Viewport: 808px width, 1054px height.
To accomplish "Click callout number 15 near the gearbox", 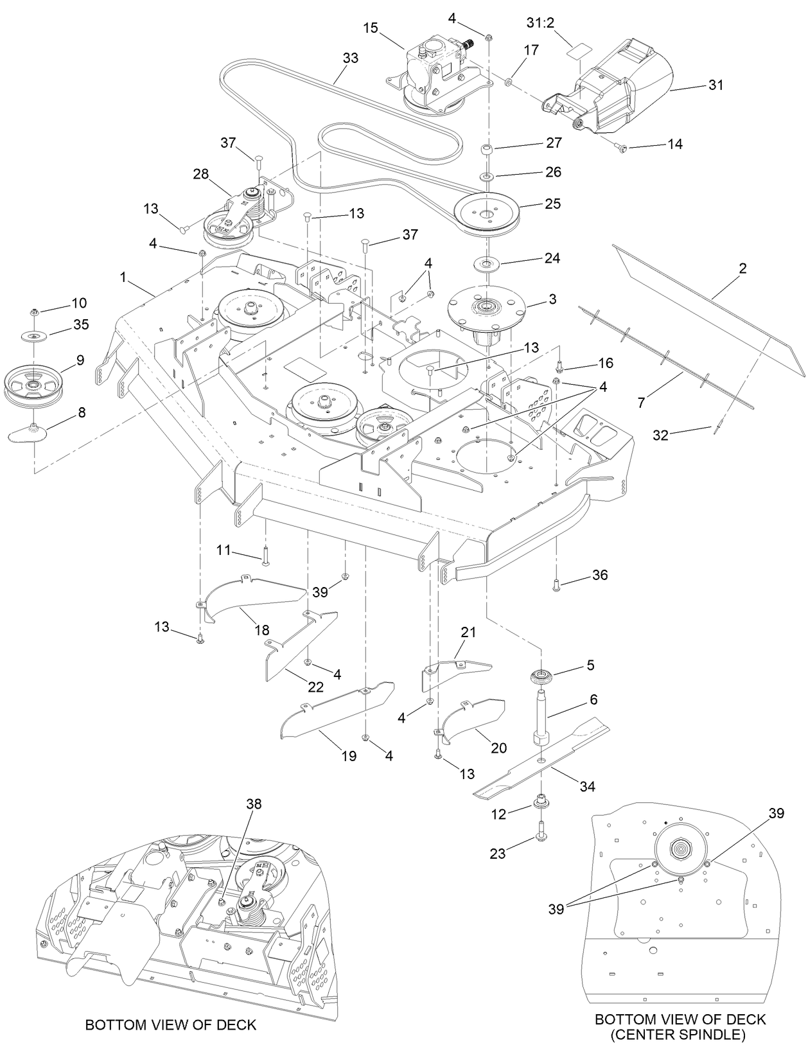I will point(370,28).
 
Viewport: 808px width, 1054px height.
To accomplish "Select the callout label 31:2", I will point(541,22).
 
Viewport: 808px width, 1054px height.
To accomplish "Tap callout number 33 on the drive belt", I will point(350,58).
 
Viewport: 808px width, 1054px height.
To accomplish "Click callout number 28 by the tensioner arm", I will point(202,174).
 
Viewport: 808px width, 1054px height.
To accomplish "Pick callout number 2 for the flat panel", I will point(742,268).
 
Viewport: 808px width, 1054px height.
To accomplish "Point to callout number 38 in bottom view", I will point(254,804).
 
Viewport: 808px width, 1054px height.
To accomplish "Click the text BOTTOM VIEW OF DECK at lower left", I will point(171,1024).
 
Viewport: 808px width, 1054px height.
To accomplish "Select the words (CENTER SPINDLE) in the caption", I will point(680,1034).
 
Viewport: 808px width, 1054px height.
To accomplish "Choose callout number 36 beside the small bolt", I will point(600,575).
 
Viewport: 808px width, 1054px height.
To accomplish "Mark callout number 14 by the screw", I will point(674,145).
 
